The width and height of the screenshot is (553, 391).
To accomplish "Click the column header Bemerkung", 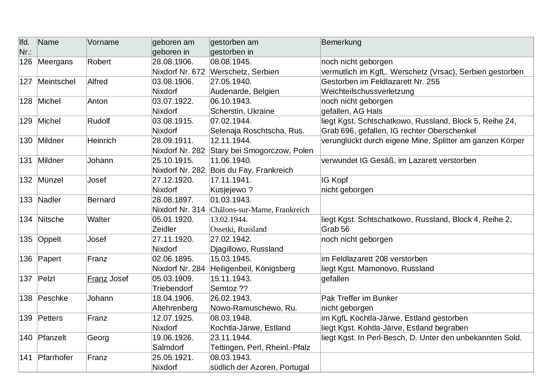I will click(341, 42).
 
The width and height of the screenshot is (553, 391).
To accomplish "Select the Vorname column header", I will click(103, 42).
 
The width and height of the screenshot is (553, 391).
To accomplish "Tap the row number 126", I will click(26, 62).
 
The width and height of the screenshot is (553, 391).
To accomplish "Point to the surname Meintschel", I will click(57, 82).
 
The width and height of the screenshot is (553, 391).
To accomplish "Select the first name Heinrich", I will click(102, 141).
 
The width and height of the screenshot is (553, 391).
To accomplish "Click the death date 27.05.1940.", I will click(231, 82).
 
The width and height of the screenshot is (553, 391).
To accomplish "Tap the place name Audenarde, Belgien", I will click(245, 91).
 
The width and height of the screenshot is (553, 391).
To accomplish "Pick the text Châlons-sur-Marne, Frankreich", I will click(260, 210).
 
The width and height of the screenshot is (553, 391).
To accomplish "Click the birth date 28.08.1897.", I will click(173, 200).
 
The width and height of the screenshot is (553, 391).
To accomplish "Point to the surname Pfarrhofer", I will click(55, 358).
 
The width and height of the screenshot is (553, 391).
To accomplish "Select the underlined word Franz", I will click(97, 279).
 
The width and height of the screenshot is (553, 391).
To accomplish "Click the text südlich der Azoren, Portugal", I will click(259, 367).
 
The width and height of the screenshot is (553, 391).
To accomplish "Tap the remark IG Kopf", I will click(335, 180).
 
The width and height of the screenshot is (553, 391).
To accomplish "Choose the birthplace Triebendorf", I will click(172, 289).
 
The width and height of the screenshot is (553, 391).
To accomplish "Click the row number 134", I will click(26, 219).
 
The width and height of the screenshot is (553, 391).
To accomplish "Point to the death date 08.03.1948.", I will click(231, 318).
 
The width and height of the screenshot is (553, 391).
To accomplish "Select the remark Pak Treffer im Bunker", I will click(359, 298).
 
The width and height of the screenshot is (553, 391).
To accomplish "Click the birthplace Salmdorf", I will click(168, 347).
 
